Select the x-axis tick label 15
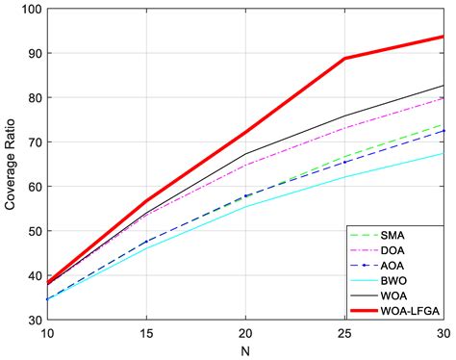tap(145, 332)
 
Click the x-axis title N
tap(244, 350)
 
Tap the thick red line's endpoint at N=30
tap(443, 37)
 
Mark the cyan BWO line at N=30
tap(443, 153)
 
